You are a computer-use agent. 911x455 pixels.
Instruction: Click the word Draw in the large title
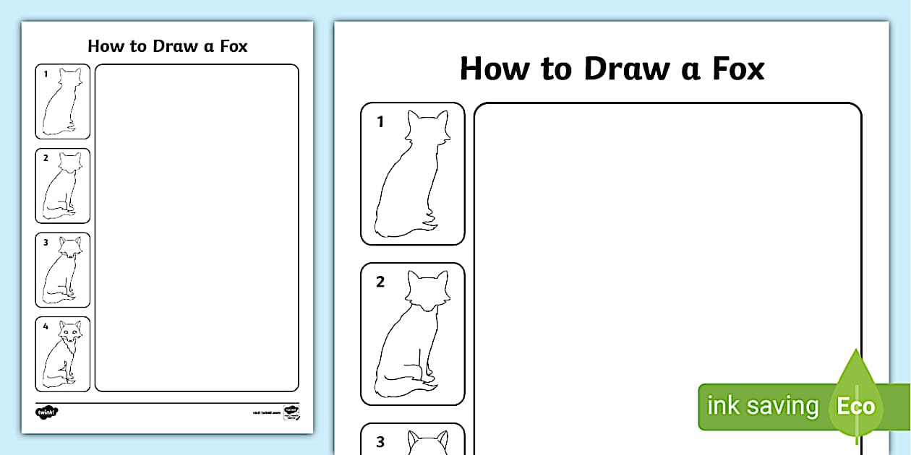(x=626, y=69)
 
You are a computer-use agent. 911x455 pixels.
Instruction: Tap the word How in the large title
(x=493, y=69)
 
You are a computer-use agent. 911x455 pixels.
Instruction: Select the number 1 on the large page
(x=380, y=123)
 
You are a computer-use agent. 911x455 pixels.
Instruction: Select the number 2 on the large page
(x=380, y=282)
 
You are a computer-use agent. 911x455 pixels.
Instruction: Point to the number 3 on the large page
(x=380, y=442)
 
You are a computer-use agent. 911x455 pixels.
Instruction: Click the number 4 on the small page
(x=45, y=326)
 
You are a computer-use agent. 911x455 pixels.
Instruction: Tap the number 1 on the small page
(x=45, y=74)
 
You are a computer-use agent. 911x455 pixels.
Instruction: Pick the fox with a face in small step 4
(x=64, y=354)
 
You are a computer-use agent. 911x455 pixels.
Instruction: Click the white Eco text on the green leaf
(x=855, y=406)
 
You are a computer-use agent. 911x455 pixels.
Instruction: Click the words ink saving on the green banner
(x=762, y=406)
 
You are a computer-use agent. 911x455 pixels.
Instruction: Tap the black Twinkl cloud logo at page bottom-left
(x=47, y=412)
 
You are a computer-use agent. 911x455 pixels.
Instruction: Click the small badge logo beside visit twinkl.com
(x=291, y=412)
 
